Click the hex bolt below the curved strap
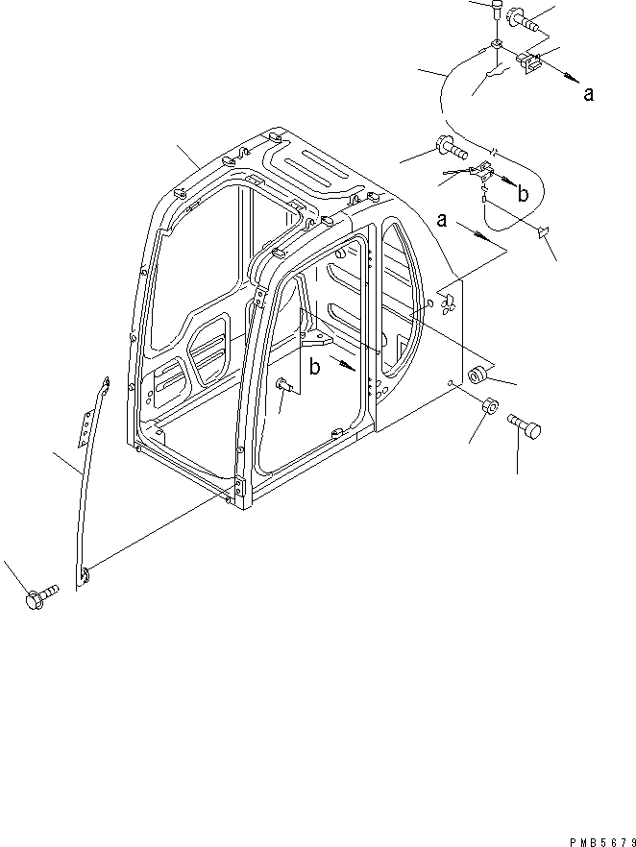(38, 598)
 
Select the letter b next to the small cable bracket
(523, 193)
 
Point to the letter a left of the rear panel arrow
(443, 220)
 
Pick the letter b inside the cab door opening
(314, 365)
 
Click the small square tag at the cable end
(543, 230)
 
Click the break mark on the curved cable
(493, 153)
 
